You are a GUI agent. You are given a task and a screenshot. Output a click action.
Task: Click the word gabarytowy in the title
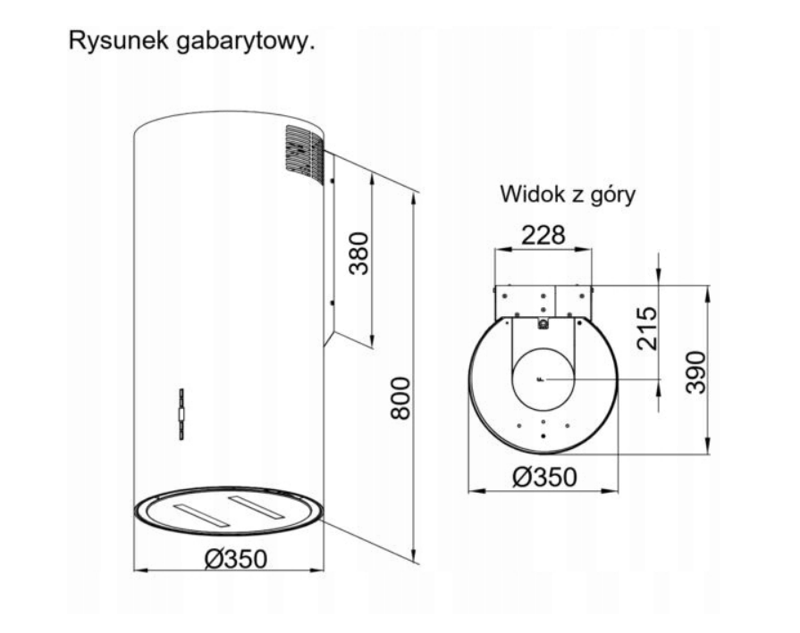pos(243,42)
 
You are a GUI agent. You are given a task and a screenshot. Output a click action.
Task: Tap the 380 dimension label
pos(358,254)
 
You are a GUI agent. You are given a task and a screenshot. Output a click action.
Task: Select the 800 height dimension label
pos(400,398)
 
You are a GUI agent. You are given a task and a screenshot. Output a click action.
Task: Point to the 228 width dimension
pos(543,236)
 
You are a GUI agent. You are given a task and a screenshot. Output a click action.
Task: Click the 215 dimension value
pos(647,329)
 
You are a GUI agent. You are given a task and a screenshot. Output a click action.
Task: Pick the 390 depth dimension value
pos(695,372)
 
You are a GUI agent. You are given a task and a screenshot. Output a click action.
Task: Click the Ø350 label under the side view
pos(236,559)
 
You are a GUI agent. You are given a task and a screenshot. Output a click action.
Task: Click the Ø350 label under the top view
pos(545,478)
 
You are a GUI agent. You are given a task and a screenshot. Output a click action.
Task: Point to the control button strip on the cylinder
pos(181,414)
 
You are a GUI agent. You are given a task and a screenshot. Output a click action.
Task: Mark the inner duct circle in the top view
pos(512,379)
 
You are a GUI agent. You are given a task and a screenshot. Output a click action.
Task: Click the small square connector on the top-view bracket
pos(543,323)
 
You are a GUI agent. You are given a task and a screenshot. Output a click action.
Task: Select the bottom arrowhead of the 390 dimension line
pos(707,447)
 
